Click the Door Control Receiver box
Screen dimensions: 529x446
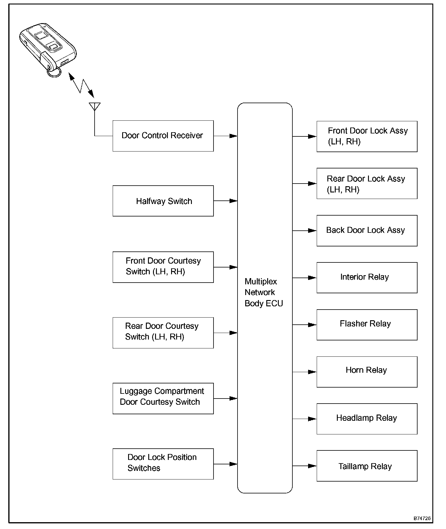tap(163, 136)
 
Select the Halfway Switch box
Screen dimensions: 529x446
tap(163, 201)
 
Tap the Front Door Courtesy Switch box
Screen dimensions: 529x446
tap(163, 267)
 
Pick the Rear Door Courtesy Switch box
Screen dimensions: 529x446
tap(163, 333)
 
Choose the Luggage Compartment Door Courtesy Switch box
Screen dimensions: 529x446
tap(163, 398)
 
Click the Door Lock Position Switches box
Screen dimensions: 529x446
tap(163, 464)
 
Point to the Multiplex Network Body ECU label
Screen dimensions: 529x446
tap(264, 292)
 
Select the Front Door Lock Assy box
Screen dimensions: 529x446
tap(367, 136)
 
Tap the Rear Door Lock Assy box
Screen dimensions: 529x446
tap(367, 184)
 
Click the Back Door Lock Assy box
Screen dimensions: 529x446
tap(367, 230)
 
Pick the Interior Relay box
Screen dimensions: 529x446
tap(367, 278)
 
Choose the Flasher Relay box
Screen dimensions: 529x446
tap(367, 325)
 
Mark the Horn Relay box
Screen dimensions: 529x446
tap(367, 372)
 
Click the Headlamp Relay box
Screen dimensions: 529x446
tap(367, 419)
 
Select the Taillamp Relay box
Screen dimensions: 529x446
tap(367, 466)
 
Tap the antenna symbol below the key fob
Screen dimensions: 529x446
tap(95, 106)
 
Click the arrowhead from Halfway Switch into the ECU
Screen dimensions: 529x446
tap(234, 201)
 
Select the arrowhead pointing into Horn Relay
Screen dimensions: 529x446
tap(313, 372)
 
